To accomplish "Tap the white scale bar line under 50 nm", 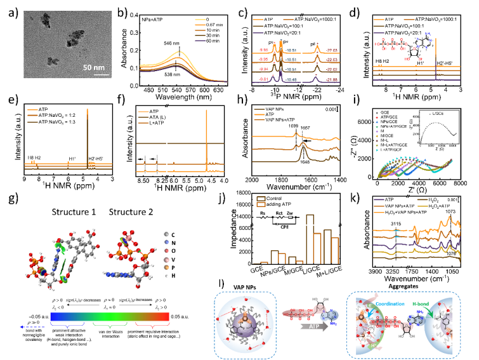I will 102,74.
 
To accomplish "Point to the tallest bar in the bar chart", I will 310,239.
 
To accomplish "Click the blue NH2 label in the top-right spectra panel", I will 428,34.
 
